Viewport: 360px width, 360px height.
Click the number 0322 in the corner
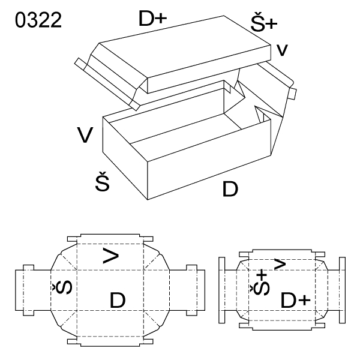click(38, 20)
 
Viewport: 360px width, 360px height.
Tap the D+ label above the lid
click(152, 19)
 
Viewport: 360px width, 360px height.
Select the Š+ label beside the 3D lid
click(264, 23)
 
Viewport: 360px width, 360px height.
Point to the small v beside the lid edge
click(282, 50)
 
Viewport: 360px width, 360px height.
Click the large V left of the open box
click(85, 135)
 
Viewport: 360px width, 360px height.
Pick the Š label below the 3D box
click(103, 181)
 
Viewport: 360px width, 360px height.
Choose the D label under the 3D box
click(230, 189)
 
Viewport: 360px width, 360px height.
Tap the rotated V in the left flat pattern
click(110, 255)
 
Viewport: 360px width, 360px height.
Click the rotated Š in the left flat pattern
click(62, 287)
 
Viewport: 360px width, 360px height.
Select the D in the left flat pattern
click(118, 300)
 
